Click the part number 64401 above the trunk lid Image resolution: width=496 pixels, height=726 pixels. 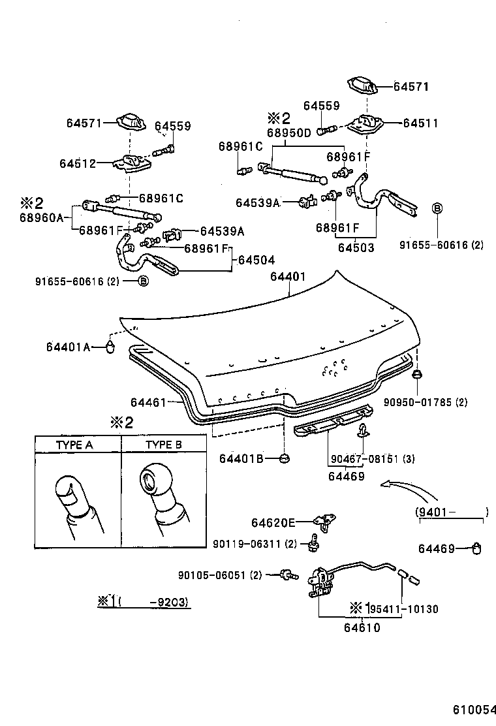[x=288, y=277]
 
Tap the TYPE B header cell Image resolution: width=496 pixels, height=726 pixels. [x=164, y=445]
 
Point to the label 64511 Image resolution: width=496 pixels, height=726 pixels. [x=420, y=123]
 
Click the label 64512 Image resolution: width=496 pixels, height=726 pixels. [x=78, y=163]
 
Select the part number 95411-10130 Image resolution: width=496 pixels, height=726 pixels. [x=402, y=609]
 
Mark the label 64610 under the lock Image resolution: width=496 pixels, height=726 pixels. [x=362, y=627]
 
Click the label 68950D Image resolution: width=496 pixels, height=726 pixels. [x=289, y=133]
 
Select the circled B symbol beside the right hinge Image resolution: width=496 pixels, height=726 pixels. [x=437, y=208]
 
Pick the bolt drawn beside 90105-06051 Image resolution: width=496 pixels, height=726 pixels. [x=287, y=575]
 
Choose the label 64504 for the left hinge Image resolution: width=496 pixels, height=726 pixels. [x=256, y=259]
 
